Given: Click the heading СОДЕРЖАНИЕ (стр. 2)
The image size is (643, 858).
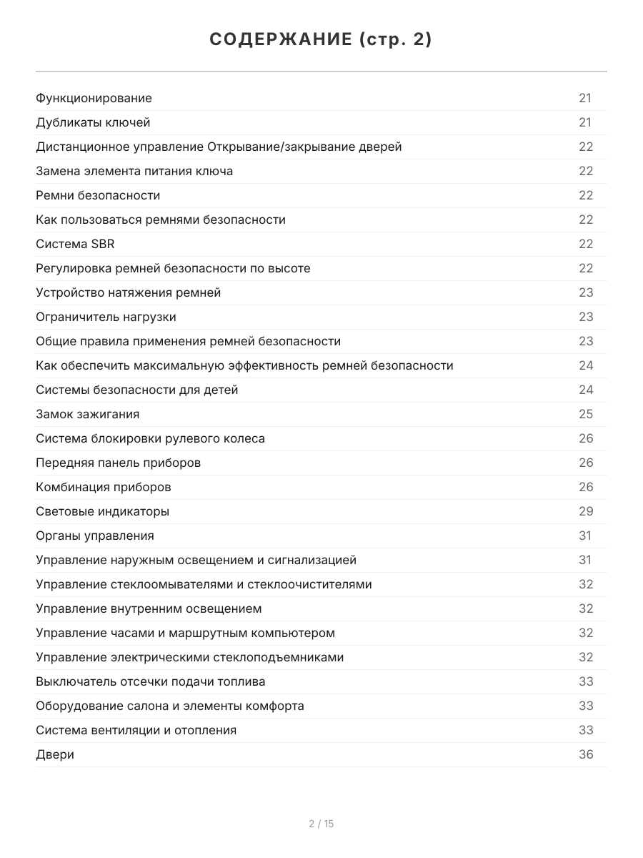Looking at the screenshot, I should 321,40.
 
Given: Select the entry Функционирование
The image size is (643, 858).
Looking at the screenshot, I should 94,98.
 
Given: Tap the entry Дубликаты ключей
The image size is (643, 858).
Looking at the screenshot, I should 93,122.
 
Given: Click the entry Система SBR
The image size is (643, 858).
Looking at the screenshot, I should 75,244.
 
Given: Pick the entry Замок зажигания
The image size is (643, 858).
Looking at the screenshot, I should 87,414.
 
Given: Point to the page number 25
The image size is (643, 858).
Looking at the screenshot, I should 586,414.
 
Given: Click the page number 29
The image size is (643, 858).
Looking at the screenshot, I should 586,511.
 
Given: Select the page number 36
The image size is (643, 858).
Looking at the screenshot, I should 586,754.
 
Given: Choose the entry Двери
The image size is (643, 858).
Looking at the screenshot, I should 55,754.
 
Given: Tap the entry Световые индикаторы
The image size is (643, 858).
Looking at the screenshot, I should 102,511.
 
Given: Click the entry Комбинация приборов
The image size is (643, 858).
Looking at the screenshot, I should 103,487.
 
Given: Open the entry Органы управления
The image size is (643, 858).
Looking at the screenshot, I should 94,536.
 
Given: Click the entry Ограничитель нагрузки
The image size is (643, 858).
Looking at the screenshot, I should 106,317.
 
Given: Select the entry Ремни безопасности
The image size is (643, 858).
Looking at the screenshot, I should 98,195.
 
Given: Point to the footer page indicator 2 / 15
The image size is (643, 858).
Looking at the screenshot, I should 321,824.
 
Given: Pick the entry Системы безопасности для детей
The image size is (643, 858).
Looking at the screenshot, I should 136,390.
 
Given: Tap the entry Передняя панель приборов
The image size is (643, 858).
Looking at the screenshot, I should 118,463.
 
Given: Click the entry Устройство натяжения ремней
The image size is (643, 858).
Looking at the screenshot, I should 128,292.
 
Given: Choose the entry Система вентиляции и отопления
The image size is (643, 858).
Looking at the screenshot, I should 136,730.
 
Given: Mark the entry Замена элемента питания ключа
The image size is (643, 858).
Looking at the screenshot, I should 134,171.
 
